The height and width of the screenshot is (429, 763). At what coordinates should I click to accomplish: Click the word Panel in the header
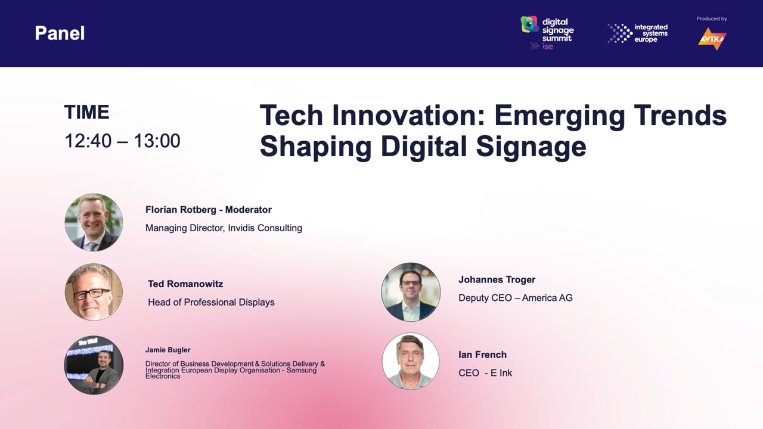pyautogui.click(x=60, y=33)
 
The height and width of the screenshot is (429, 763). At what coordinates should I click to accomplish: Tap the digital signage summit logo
pyautogui.click(x=547, y=33)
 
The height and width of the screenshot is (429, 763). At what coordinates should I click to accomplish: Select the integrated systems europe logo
pyautogui.click(x=637, y=33)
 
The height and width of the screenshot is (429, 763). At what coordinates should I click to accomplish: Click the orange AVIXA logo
pyautogui.click(x=712, y=39)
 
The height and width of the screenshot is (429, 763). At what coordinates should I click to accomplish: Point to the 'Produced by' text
pyautogui.click(x=712, y=18)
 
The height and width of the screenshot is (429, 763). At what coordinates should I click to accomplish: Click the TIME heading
pyautogui.click(x=87, y=112)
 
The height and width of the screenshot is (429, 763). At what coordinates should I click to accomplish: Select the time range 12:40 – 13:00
pyautogui.click(x=122, y=141)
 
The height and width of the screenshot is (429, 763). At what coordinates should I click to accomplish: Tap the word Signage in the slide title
pyautogui.click(x=531, y=147)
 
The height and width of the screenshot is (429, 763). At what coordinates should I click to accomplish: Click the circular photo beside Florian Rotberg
pyautogui.click(x=94, y=222)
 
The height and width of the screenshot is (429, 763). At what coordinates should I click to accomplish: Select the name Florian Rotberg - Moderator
pyautogui.click(x=209, y=210)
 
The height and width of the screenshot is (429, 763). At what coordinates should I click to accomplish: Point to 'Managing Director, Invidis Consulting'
pyautogui.click(x=224, y=228)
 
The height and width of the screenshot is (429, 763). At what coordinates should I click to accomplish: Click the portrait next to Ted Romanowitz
pyautogui.click(x=94, y=292)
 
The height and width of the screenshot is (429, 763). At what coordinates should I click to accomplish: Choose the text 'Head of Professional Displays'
pyautogui.click(x=211, y=302)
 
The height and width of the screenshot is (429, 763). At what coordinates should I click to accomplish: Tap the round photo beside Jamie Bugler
pyautogui.click(x=94, y=365)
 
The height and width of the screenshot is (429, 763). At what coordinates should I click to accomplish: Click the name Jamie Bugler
pyautogui.click(x=168, y=350)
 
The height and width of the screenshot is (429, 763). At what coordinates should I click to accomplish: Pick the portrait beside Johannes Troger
pyautogui.click(x=411, y=292)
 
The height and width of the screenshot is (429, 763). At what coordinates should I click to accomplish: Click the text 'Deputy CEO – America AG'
pyautogui.click(x=516, y=298)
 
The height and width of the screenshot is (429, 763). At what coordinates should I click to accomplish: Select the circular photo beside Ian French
pyautogui.click(x=411, y=361)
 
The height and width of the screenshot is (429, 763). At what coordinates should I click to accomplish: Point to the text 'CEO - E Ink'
pyautogui.click(x=485, y=373)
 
